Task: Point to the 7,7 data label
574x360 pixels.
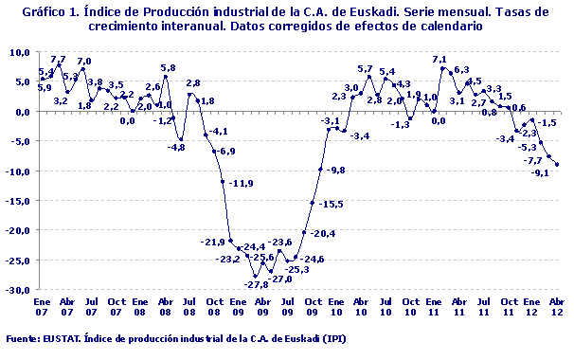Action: pyautogui.click(x=58, y=61)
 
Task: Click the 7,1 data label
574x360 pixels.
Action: pyautogui.click(x=439, y=61)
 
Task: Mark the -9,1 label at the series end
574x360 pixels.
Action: pyautogui.click(x=541, y=172)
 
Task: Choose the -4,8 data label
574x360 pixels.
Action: pyautogui.click(x=176, y=147)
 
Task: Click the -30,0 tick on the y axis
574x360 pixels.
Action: pyautogui.click(x=21, y=289)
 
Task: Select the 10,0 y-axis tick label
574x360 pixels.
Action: pyautogui.click(x=23, y=52)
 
